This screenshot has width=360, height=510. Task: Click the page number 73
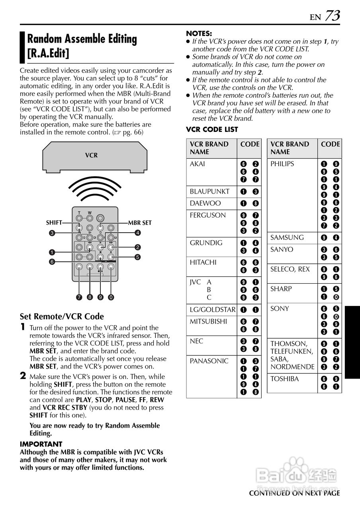pos(333,16)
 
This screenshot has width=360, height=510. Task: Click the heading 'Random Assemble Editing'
pos(82,39)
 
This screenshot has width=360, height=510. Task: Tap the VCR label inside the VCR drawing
pos(91,155)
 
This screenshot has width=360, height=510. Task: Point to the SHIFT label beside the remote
pos(54,223)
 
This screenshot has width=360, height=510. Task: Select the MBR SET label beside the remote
pos(140,223)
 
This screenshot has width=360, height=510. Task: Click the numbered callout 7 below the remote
pos(79,297)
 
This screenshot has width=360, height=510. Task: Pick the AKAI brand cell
pos(198,164)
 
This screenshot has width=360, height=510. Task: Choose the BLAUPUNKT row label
pos(209,191)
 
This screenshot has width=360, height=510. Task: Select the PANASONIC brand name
pos(209,361)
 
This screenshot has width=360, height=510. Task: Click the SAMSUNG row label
pos(287,237)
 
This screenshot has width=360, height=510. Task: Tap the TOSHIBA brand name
pos(285,379)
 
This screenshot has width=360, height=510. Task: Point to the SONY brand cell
pos(280,308)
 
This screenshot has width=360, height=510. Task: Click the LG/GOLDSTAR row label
pos(213,310)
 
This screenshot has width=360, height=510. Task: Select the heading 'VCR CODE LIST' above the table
pos(212,129)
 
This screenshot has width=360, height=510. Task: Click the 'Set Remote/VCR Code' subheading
pos(62,316)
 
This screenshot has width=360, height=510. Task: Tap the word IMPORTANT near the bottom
pos(41,444)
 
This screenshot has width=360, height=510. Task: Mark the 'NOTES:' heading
pos(199,34)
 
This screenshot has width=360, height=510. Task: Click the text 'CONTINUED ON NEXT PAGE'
pos(294,493)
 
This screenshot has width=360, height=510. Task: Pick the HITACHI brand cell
pos(203,262)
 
